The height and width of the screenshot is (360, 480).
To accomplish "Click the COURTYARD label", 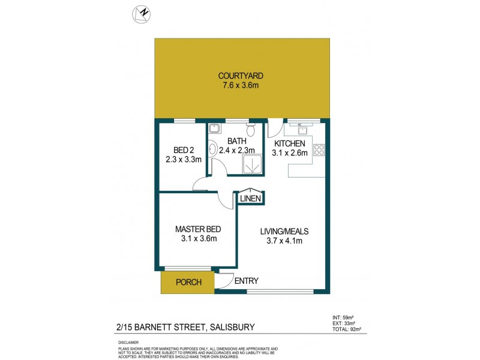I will tap(241, 76).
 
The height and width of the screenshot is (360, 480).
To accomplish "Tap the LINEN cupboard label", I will tap(250, 199).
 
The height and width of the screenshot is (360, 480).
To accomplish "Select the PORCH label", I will tap(188, 282).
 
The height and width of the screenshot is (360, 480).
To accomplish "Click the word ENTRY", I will tap(246, 281).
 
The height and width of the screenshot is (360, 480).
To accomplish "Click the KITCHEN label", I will tap(291, 144).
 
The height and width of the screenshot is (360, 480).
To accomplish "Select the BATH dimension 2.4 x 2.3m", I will tap(237, 151).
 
